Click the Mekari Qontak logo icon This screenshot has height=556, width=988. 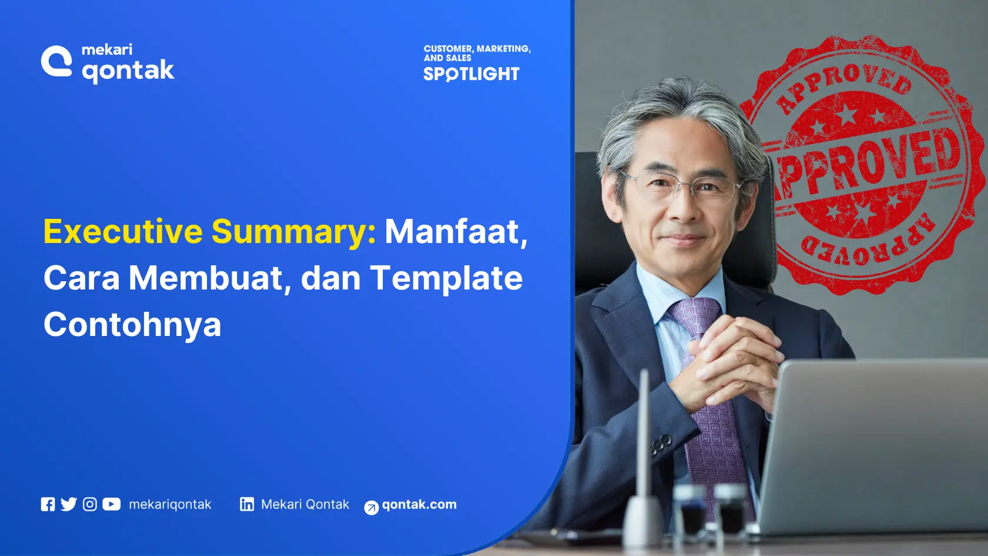(x=56, y=62)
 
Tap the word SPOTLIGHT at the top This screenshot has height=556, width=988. (x=471, y=74)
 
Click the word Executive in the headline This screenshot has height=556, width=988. (x=123, y=231)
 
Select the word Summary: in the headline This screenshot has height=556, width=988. (x=293, y=232)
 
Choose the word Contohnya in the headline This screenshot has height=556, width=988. (x=132, y=325)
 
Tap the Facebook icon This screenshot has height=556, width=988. (x=48, y=504)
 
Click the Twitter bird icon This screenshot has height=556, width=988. (x=68, y=504)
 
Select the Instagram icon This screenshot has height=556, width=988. (x=89, y=504)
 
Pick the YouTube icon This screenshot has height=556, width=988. (x=111, y=504)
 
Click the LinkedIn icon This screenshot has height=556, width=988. (x=247, y=504)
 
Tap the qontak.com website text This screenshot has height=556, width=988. (x=419, y=504)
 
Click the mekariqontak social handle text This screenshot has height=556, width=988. (x=170, y=504)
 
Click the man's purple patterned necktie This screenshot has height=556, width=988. (x=709, y=412)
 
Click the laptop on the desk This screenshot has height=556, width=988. (x=876, y=447)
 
